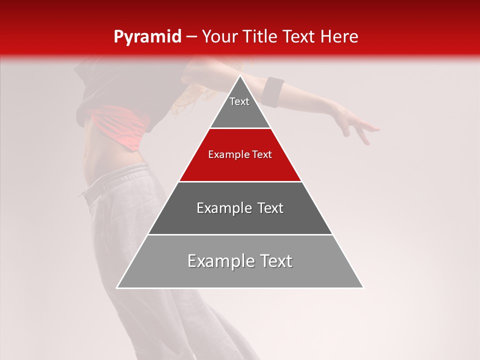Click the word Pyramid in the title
pyautogui.click(x=147, y=37)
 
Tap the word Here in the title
pyautogui.click(x=339, y=37)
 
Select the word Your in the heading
pyautogui.click(x=219, y=37)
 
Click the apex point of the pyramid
pyautogui.click(x=240, y=76)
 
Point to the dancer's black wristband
pyautogui.click(x=273, y=91)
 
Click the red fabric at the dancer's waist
pyautogui.click(x=122, y=125)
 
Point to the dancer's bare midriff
pyautogui.click(x=95, y=155)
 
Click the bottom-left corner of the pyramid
pyautogui.click(x=117, y=287)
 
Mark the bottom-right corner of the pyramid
pyautogui.click(x=363, y=287)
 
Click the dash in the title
pyautogui.click(x=191, y=37)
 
